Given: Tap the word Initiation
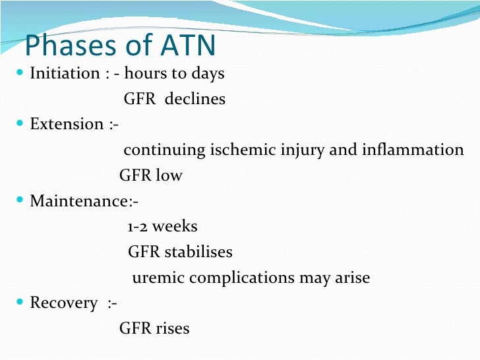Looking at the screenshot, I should click(x=65, y=73).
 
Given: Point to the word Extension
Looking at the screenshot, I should click(x=67, y=124).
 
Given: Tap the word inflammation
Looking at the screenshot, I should click(x=413, y=150).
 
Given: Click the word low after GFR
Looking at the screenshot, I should click(x=169, y=175).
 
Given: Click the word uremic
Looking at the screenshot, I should click(x=158, y=278).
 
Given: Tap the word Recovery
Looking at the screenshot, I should click(x=63, y=303).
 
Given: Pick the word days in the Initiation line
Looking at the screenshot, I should click(x=208, y=73).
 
